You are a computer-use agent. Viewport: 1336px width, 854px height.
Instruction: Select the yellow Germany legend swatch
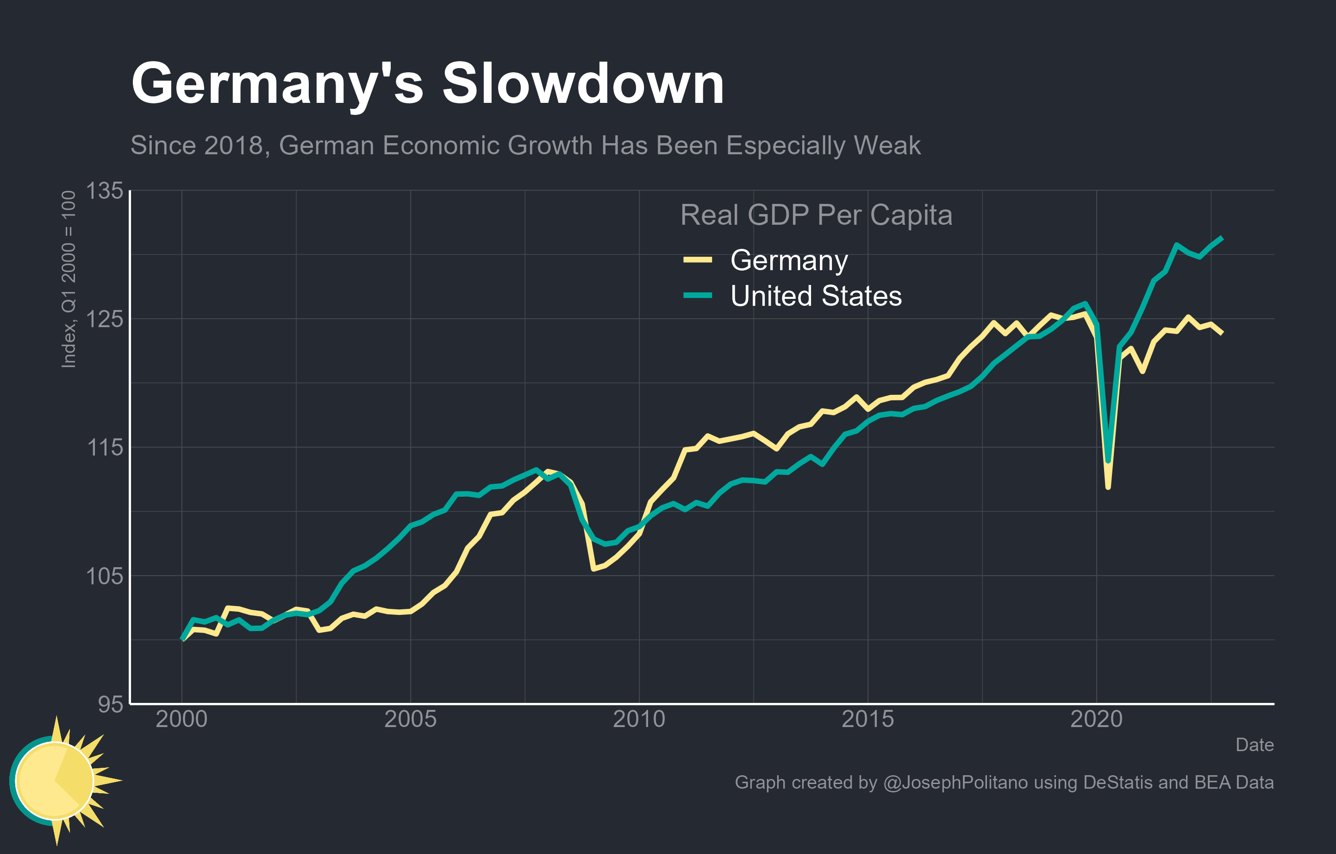tap(698, 260)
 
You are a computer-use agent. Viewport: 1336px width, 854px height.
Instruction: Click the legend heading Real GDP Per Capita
tap(816, 215)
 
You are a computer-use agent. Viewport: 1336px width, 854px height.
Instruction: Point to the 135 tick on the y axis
tap(104, 190)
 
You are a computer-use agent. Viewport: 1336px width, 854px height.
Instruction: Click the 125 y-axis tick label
tap(104, 319)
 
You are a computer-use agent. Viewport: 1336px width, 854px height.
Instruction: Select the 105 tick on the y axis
tap(104, 576)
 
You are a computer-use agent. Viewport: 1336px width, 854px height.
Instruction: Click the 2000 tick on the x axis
tap(181, 719)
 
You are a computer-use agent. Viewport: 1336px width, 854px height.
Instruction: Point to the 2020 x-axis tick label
tap(1096, 719)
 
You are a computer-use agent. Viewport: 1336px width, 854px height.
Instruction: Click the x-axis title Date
tap(1255, 745)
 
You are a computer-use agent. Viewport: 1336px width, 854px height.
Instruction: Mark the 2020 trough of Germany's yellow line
tap(1108, 487)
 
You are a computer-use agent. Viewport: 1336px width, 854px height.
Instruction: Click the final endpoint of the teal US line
tap(1222, 238)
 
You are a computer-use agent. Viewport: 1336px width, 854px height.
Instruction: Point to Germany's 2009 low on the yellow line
tap(593, 569)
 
